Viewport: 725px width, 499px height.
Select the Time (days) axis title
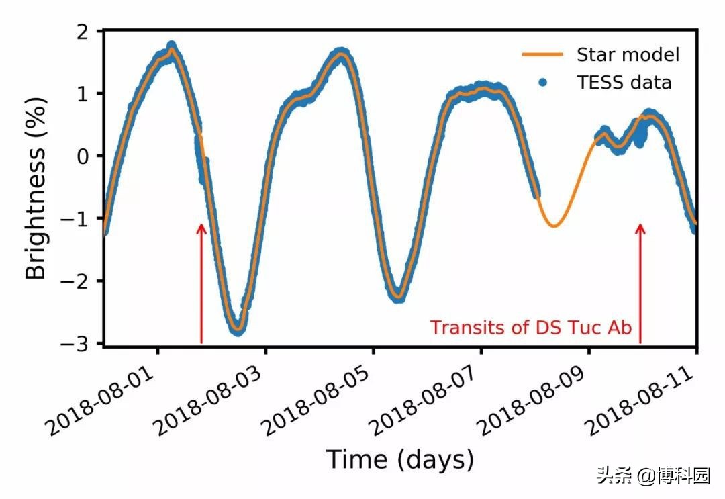click(x=400, y=460)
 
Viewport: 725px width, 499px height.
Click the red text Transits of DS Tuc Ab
click(x=531, y=328)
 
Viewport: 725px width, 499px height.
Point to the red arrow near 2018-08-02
click(x=201, y=282)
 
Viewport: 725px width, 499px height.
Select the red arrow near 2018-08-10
click(x=640, y=282)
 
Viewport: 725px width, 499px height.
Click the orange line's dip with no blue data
click(x=554, y=225)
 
